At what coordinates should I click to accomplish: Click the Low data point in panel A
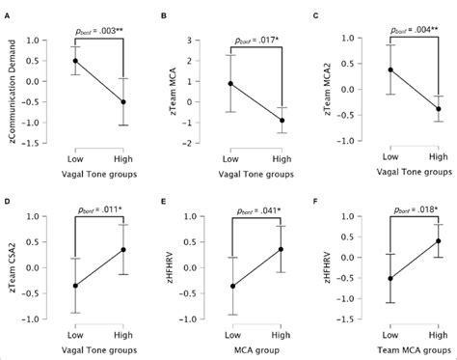75,61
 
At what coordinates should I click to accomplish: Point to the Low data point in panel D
75,286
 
